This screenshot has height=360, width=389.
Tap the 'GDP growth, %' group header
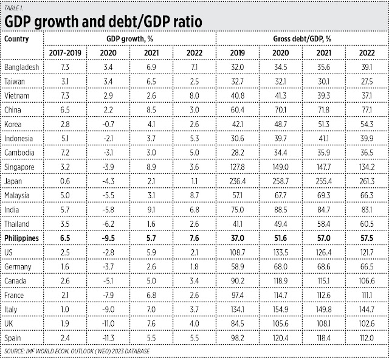coord(130,38)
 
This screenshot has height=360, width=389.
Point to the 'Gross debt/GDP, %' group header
coord(301,38)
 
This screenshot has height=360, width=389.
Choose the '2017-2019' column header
coord(66,52)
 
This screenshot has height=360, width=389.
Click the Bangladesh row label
coord(22,67)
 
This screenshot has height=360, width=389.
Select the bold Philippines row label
coord(22,239)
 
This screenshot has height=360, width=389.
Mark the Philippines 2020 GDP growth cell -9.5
coord(108,239)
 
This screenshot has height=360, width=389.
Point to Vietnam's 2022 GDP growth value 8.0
coord(194,95)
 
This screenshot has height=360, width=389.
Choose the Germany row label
coord(18,268)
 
